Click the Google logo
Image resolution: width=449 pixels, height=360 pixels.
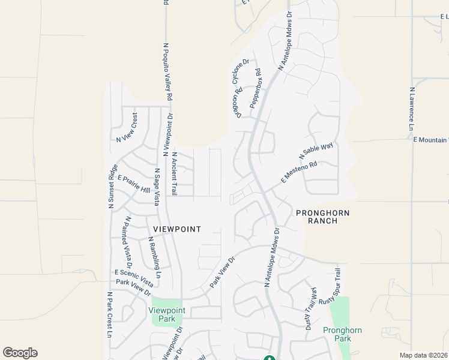coord(20,353)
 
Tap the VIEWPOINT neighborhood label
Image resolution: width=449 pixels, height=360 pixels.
coord(176,229)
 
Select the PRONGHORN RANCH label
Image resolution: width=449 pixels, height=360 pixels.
coord(322,217)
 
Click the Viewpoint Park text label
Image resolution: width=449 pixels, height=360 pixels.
coord(167,314)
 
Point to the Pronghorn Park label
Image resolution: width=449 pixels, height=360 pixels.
coord(342,335)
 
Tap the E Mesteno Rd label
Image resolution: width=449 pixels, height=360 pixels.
coord(299,173)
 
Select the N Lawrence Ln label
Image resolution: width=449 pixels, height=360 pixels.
coord(412,107)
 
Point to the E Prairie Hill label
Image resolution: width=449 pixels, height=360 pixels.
coord(133,184)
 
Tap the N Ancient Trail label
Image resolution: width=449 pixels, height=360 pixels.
coord(175,173)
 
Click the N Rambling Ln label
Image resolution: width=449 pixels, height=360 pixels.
coord(155,257)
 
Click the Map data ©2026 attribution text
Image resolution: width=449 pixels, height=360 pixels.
coord(423,355)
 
